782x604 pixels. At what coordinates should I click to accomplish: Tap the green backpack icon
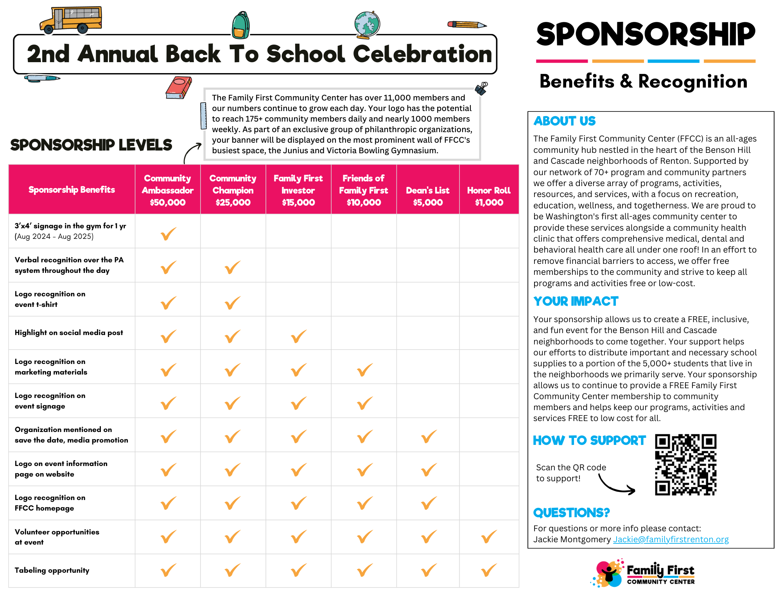click(241, 26)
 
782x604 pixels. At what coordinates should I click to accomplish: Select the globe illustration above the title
click(367, 25)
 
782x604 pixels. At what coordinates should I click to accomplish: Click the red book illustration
click(178, 87)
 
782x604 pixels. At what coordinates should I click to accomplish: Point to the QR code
click(686, 464)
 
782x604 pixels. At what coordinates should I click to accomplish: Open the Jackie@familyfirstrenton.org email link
click(671, 539)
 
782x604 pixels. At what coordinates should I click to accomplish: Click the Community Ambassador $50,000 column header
click(168, 190)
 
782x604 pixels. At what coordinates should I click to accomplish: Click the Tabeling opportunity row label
click(52, 570)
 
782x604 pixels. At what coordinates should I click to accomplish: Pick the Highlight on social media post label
click(69, 333)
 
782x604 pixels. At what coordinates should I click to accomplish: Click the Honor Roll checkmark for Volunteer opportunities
click(489, 536)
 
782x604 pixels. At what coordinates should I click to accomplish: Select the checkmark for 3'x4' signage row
click(169, 234)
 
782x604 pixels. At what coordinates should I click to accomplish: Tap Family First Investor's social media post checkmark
click(299, 336)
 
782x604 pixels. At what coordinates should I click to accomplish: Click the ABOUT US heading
click(565, 121)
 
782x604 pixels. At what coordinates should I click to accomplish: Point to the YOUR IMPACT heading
click(576, 301)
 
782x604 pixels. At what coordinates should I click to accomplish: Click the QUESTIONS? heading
click(571, 513)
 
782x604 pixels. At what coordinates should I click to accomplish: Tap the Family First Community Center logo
click(644, 574)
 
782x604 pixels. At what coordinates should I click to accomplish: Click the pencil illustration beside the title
click(467, 25)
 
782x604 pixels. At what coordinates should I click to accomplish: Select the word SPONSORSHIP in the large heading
click(646, 34)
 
